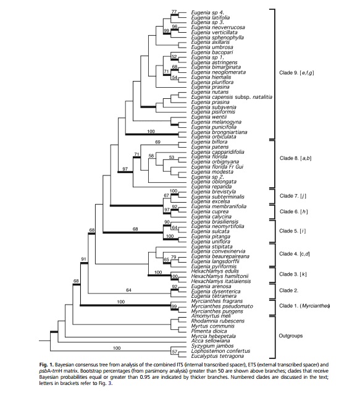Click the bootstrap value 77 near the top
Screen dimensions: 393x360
(x=174, y=11)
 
